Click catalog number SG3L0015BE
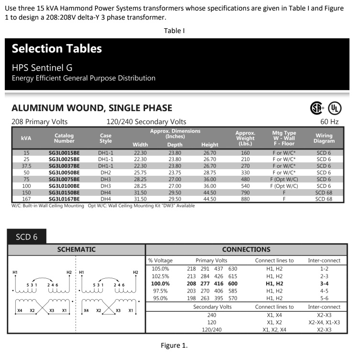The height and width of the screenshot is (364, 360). [x=64, y=153]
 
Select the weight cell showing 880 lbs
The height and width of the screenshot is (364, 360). [x=245, y=199]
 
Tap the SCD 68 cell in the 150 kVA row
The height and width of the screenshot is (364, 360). [x=324, y=192]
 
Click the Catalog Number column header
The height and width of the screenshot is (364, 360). [x=64, y=138]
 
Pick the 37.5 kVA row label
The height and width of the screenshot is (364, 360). [x=26, y=166]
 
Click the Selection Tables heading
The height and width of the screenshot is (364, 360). [x=57, y=49]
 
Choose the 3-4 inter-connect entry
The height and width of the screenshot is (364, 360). [x=324, y=284]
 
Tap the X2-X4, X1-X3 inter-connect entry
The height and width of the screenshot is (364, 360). [x=324, y=322]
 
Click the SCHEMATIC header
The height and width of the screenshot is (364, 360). [x=76, y=250]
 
